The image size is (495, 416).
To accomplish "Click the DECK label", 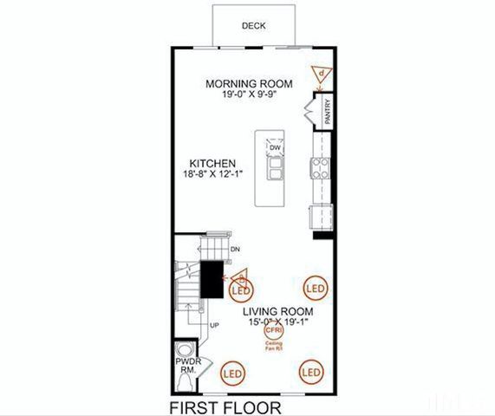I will click(x=254, y=26).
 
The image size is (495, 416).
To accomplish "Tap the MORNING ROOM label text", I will click(x=248, y=84).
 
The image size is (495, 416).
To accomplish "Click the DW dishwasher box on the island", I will click(x=275, y=148).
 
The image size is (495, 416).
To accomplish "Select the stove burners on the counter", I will click(x=320, y=167).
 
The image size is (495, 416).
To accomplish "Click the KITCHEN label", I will click(x=213, y=163).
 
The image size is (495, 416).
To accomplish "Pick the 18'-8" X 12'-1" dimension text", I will click(x=213, y=173).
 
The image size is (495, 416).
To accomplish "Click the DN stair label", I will click(x=234, y=251).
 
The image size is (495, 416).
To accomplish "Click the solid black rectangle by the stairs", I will click(x=212, y=279).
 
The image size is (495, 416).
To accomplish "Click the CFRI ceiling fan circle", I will click(x=274, y=329).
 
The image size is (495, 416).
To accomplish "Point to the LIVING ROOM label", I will click(x=277, y=311).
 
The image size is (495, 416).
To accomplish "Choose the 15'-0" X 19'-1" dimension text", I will click(x=277, y=322).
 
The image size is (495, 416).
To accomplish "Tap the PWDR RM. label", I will click(x=186, y=364).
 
